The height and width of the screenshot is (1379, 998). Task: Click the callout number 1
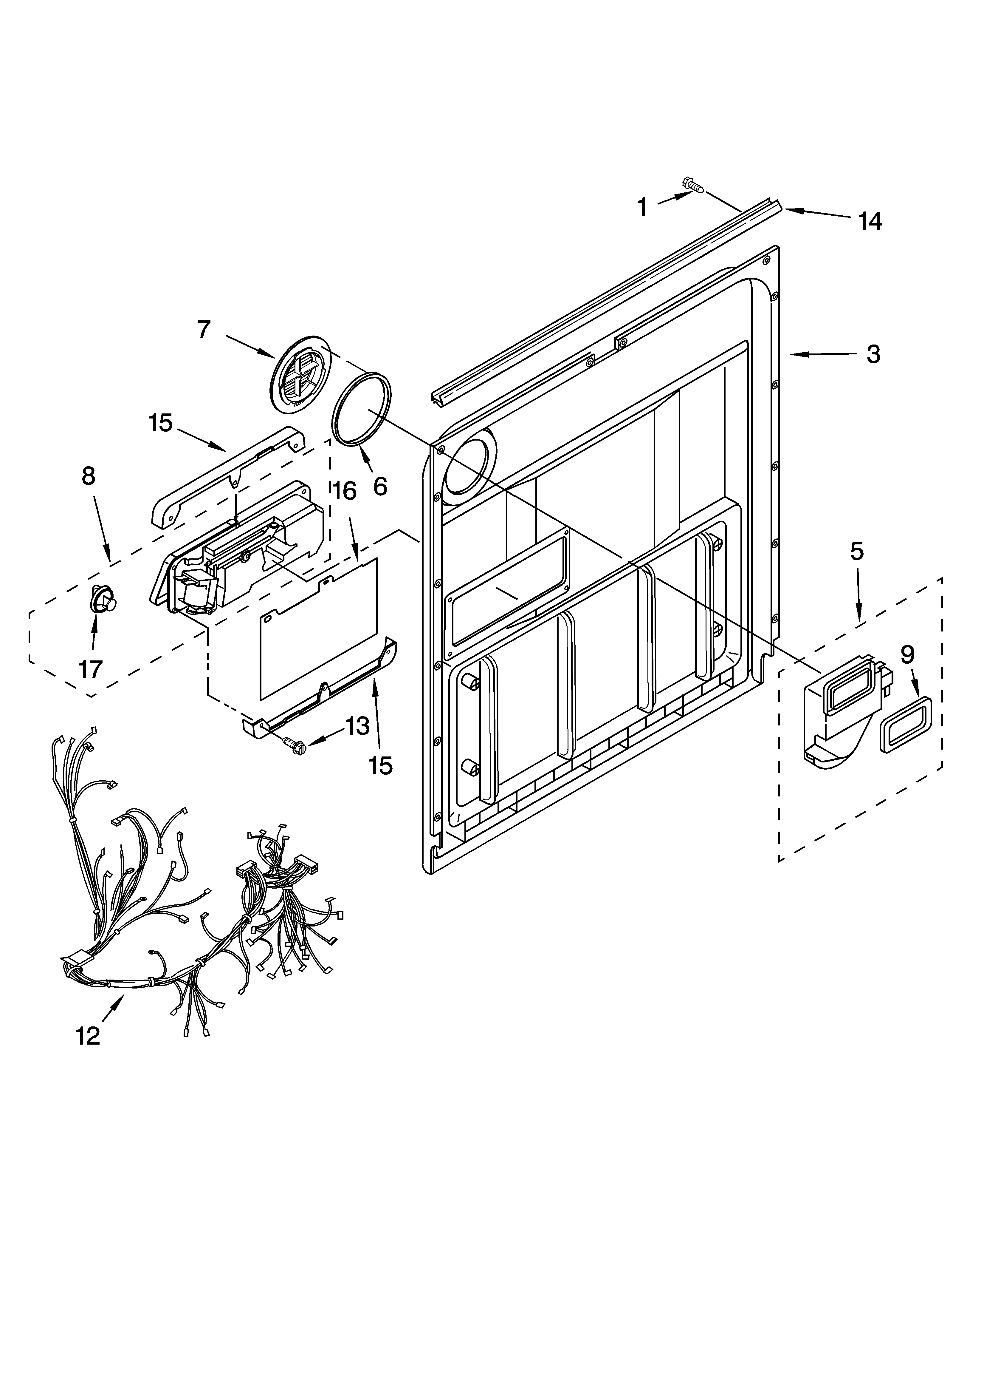[x=642, y=207]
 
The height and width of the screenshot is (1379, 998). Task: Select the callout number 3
[x=873, y=354]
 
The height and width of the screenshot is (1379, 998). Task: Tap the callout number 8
[x=89, y=475]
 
